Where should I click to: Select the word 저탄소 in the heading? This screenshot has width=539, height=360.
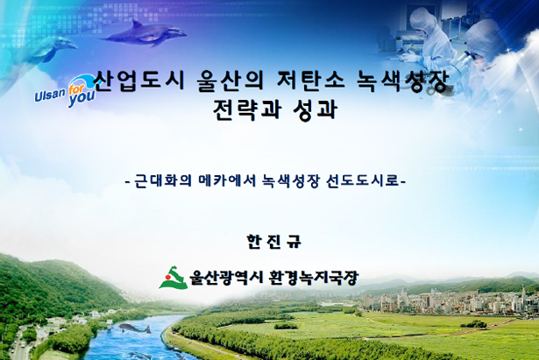(310, 81)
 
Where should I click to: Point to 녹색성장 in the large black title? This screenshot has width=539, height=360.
(403, 81)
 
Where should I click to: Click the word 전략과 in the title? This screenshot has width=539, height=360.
(247, 109)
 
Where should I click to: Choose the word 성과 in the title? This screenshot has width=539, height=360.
(316, 109)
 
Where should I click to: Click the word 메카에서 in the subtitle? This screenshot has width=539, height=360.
(227, 180)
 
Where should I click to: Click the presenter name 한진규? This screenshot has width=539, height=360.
(274, 241)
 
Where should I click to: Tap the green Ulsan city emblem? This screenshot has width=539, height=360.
(174, 278)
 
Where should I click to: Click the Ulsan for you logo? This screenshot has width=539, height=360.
(65, 91)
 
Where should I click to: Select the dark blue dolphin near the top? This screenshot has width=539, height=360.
(145, 33)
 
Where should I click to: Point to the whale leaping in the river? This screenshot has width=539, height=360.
(134, 328)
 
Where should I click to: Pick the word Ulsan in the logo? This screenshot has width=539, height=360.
(50, 94)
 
